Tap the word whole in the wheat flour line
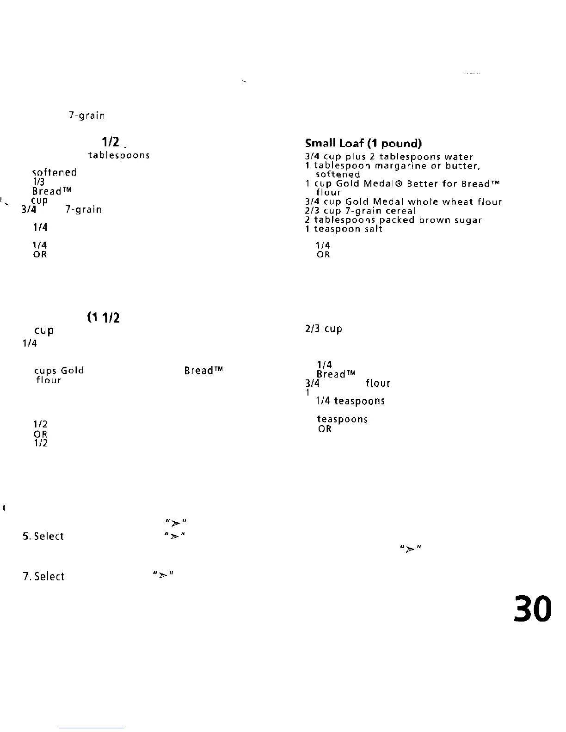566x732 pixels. click(x=423, y=202)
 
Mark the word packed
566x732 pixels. click(x=397, y=220)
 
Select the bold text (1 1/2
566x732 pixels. click(x=103, y=317)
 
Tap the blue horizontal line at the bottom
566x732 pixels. click(x=92, y=728)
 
